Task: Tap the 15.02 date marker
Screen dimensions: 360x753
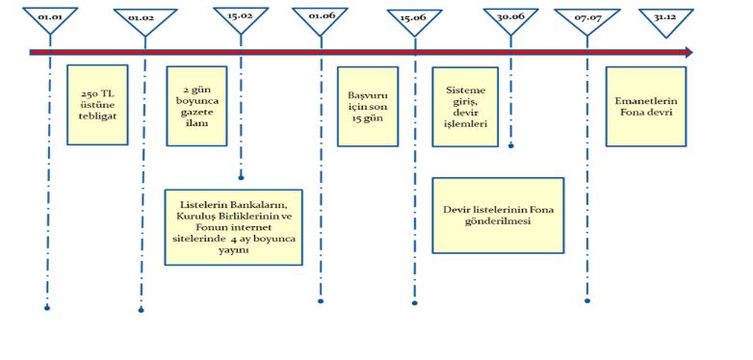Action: click(240, 19)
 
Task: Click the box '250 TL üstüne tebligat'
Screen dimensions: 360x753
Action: click(97, 104)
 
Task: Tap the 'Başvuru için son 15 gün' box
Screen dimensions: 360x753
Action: click(367, 105)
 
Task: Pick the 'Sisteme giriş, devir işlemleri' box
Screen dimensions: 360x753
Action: click(465, 106)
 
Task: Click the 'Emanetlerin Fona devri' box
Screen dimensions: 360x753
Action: click(645, 105)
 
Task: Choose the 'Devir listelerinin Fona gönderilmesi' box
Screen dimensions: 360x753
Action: click(498, 215)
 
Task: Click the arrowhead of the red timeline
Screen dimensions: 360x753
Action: click(688, 52)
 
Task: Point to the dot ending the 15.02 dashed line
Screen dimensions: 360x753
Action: click(241, 177)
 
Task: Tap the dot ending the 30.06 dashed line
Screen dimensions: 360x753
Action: click(511, 146)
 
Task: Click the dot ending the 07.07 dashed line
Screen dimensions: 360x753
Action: click(587, 300)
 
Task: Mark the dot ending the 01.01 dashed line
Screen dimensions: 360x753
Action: click(47, 308)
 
